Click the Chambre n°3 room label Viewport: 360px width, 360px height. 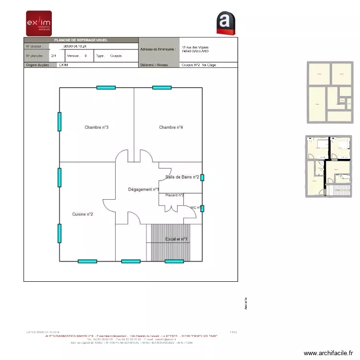click(96, 127)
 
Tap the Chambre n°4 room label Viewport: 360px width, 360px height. click(171, 127)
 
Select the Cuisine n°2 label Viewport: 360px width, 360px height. click(83, 214)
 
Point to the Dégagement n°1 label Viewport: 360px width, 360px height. click(144, 190)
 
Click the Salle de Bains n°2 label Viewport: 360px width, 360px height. click(182, 177)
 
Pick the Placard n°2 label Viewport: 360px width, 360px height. click(174, 195)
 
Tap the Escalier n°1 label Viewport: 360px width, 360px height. click(176, 239)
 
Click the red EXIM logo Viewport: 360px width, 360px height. click(38, 24)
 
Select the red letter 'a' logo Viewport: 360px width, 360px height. click(226, 23)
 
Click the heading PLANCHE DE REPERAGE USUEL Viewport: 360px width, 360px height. click(81, 40)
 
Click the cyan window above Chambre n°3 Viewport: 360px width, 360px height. click(106, 87)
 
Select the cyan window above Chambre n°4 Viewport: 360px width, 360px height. click(162, 87)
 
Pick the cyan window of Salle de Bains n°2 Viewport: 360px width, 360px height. click(202, 178)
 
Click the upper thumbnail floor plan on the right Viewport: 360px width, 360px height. click(330, 92)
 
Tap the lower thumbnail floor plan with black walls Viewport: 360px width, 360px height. click(330, 166)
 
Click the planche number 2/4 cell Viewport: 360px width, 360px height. click(53, 56)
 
